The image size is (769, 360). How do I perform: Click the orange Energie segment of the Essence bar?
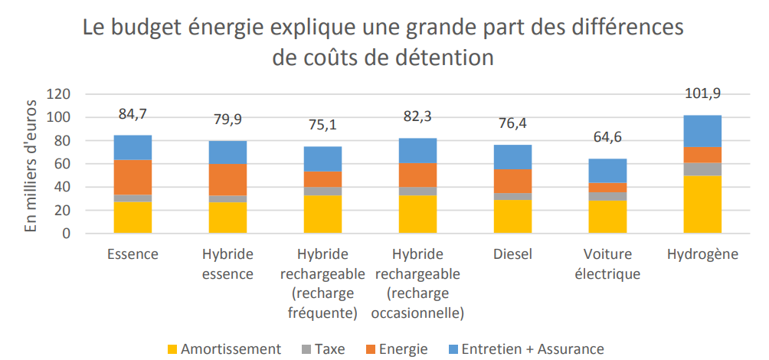tap(133, 177)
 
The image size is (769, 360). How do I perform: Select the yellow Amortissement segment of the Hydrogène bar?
tap(702, 204)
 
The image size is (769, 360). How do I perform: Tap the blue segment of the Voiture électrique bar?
tap(607, 171)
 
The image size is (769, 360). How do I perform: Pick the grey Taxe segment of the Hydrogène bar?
tap(702, 169)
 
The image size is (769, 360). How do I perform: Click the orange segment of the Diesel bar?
tap(512, 181)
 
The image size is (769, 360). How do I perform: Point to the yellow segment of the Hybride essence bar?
tap(227, 218)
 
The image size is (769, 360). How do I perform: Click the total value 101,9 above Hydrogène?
tap(702, 93)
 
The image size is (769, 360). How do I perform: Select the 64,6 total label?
tap(607, 139)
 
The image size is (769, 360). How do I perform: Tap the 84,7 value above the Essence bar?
tap(133, 114)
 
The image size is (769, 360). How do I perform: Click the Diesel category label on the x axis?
tap(512, 254)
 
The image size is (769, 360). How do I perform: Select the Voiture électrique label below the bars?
tap(607, 264)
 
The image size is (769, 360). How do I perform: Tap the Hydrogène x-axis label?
tap(702, 254)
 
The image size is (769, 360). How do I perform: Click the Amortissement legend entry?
tap(225, 349)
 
